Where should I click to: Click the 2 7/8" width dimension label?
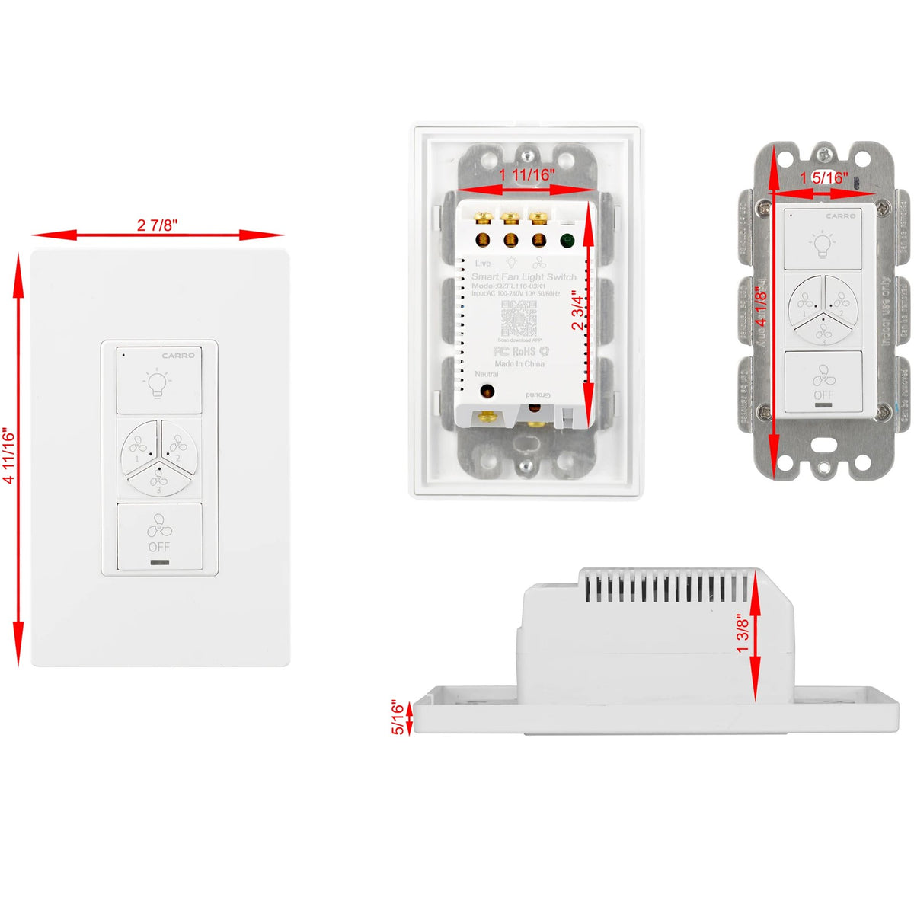point(158,225)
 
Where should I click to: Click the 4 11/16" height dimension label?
point(9,455)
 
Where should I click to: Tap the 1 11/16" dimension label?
point(527,174)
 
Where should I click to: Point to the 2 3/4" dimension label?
point(578,308)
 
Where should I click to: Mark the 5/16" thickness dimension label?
point(398,718)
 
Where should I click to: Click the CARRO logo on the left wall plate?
point(178,356)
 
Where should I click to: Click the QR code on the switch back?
point(518,318)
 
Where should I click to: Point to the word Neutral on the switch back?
point(487,374)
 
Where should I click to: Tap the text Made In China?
point(519,364)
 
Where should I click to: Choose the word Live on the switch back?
point(483,263)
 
